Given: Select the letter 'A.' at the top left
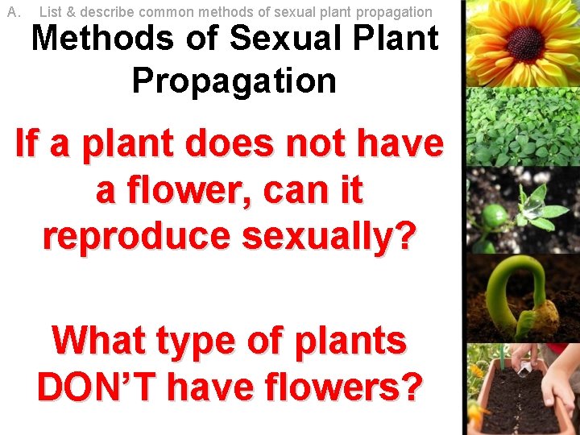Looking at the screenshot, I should pos(12,12).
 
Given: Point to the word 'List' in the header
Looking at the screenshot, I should pos(51,12).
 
